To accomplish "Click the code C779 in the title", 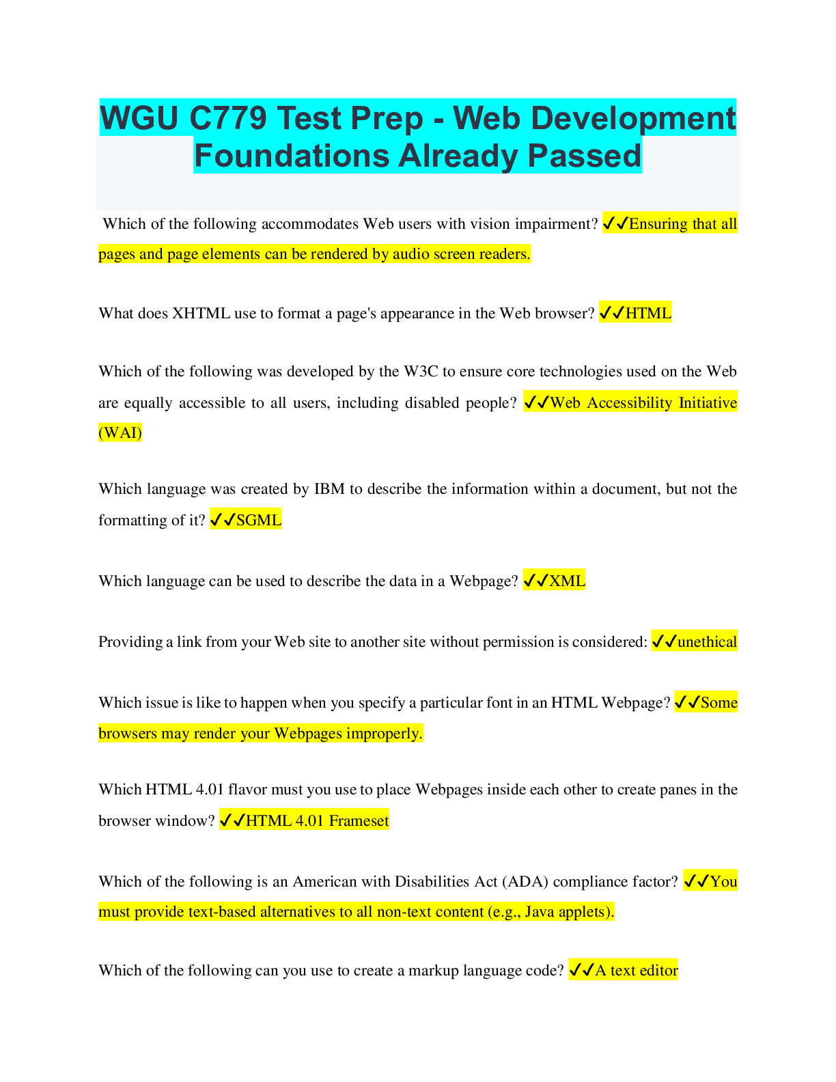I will pos(227,118).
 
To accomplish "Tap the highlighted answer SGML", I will pos(258,521).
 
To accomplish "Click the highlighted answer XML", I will pos(567,581).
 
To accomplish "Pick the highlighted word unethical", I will pos(706,642).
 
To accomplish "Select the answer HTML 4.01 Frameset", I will pos(317,821).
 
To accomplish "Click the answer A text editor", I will pos(636,971).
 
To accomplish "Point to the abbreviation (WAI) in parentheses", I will pos(120,433).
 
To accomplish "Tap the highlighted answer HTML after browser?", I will pos(647,314).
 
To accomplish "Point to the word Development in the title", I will pos(594,118).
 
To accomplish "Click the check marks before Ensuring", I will pos(615,224).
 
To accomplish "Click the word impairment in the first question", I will pos(555,224).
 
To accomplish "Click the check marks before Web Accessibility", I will pos(536,403).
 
